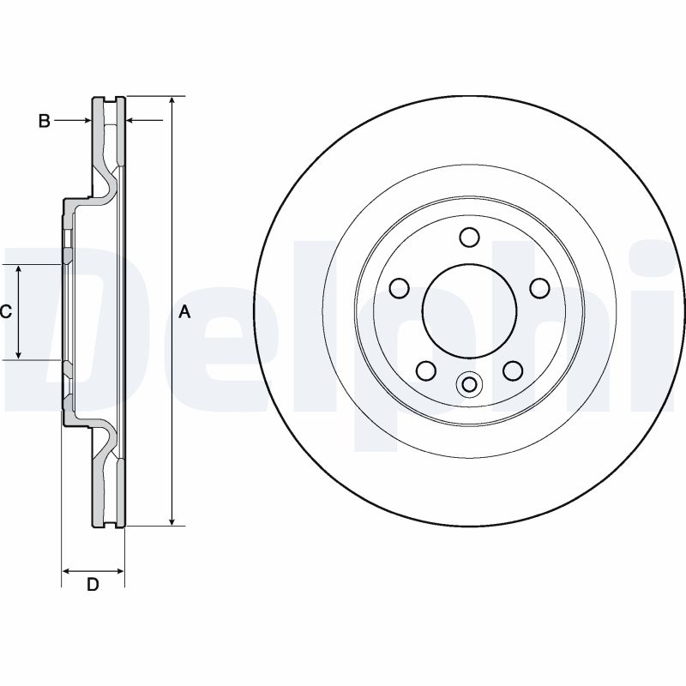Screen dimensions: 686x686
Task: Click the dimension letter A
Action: (x=184, y=313)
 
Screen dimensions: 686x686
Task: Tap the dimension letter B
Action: (x=45, y=121)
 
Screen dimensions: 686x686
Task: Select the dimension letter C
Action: (x=5, y=312)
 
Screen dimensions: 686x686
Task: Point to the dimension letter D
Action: (x=93, y=585)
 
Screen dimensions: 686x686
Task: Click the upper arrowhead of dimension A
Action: (x=173, y=102)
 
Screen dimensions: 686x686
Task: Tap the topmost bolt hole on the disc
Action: (x=469, y=237)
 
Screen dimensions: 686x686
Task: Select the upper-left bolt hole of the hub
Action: (x=399, y=288)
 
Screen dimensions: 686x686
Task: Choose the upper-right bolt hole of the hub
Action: (x=539, y=288)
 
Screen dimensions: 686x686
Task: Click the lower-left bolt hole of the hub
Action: (x=425, y=370)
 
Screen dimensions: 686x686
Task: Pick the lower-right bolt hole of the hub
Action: (x=513, y=370)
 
